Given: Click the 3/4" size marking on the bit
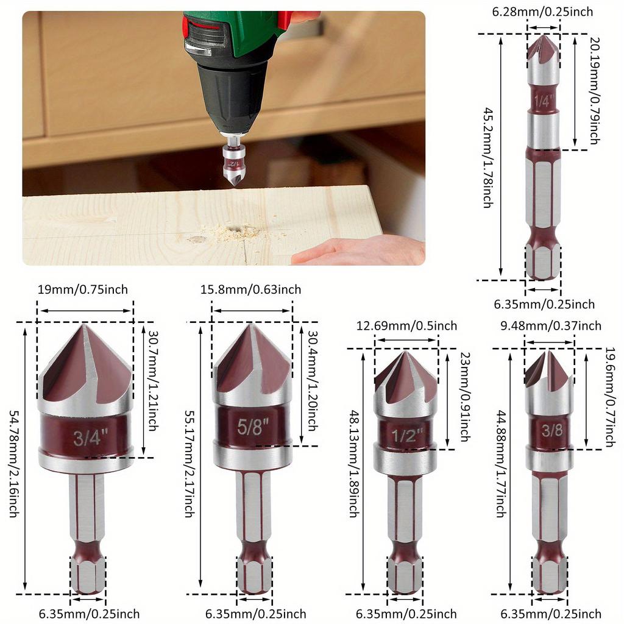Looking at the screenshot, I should point(90,437).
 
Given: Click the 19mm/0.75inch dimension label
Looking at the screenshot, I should point(82,289).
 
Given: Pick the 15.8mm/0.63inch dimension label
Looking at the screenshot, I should point(250,289).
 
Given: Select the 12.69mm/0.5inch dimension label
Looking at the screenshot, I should point(406,326).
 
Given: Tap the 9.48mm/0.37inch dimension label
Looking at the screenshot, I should point(551,326).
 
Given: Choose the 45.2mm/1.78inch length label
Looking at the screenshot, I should point(487,158).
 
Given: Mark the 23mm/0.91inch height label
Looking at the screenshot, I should point(465,397).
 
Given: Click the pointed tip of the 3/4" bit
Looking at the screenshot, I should point(84,327).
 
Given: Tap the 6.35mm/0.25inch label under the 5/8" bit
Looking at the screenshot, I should point(255,614).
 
